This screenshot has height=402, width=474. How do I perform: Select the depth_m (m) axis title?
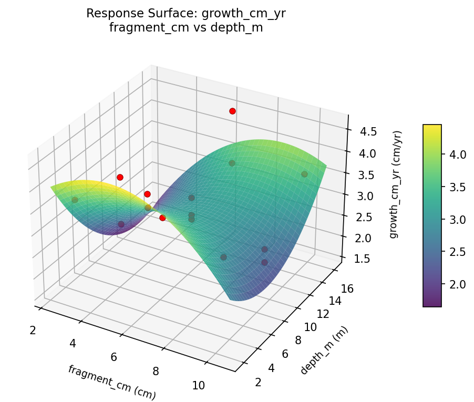[x=324, y=349]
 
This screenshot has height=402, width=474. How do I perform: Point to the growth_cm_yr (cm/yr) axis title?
[x=394, y=184]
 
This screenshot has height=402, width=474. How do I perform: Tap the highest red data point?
[x=232, y=111]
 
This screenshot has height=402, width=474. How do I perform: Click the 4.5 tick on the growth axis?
[x=368, y=131]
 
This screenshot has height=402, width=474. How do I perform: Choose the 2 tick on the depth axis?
[x=258, y=382]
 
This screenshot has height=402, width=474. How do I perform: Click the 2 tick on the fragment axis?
[x=33, y=330]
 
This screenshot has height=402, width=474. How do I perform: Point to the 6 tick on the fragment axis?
[x=114, y=357]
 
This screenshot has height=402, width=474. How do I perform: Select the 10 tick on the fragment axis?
[x=198, y=385]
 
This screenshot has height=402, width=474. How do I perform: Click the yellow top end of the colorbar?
[x=432, y=127]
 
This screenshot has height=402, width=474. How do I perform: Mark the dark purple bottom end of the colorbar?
[x=432, y=304]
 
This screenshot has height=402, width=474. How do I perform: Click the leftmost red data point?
[x=120, y=177]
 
